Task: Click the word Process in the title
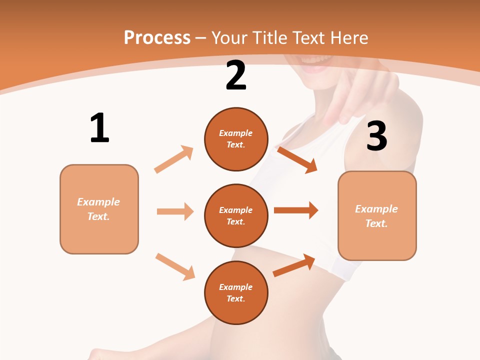click(x=157, y=37)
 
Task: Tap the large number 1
click(x=99, y=128)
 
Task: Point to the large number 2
click(x=236, y=75)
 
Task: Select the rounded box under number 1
click(x=99, y=209)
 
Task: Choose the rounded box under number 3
click(x=377, y=215)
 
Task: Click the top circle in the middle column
click(x=236, y=139)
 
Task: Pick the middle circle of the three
click(x=236, y=215)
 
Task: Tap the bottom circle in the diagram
click(x=236, y=292)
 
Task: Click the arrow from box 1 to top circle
click(x=174, y=159)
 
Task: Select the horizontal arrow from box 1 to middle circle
click(x=175, y=211)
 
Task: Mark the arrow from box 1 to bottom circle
click(x=175, y=266)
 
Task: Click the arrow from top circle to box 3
click(x=297, y=159)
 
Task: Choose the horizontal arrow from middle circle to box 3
click(x=296, y=210)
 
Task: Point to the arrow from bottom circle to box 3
click(x=294, y=265)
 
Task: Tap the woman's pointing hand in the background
click(x=350, y=95)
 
